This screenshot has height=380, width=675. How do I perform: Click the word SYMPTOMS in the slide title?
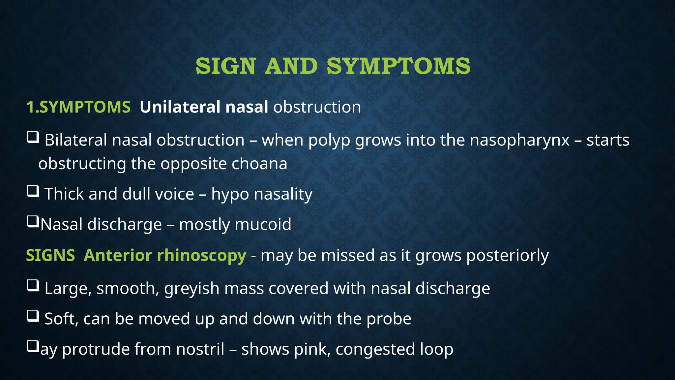coord(398,66)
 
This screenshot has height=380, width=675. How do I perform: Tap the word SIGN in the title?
coord(225,66)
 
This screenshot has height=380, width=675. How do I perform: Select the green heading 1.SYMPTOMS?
coord(78,107)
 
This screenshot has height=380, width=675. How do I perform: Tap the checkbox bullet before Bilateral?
coord(33,137)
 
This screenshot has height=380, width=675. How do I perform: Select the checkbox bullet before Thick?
coord(33,191)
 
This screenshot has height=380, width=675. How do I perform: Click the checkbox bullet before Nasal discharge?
coord(33,222)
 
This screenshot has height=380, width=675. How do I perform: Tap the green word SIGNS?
coord(50,256)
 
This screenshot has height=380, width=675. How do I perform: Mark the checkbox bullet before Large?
coord(33,286)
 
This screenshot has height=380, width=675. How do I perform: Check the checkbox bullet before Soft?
coord(33,316)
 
